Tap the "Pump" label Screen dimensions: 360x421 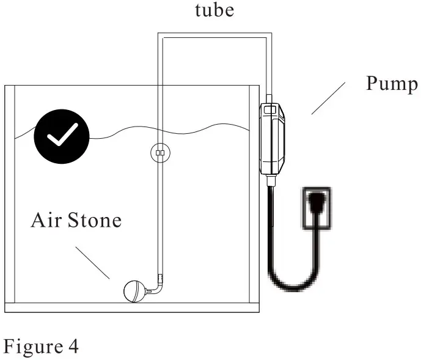(x=392, y=84)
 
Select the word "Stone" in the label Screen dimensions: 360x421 (x=95, y=220)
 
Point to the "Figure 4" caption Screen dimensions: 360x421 (x=42, y=347)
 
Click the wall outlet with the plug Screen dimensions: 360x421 (x=317, y=208)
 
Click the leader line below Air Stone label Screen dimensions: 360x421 (x=93, y=262)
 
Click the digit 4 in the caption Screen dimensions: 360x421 (x=73, y=347)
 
